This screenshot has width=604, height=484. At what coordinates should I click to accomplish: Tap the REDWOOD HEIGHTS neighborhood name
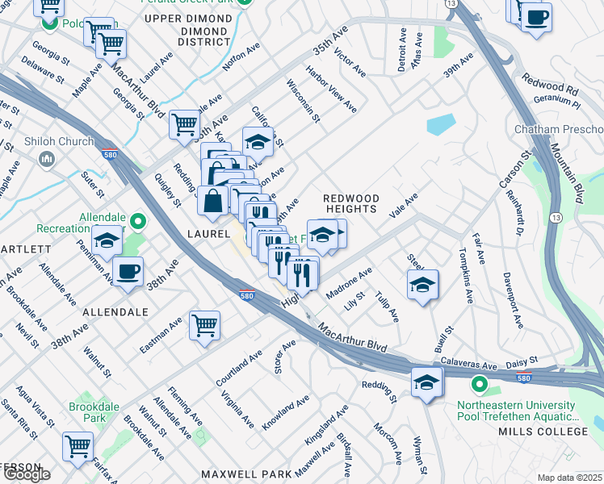pos(350,203)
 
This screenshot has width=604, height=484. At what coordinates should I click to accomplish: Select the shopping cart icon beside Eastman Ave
pos(205,325)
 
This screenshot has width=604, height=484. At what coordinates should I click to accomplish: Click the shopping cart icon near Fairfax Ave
pos(78,445)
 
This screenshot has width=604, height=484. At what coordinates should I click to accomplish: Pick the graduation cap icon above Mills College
pos(427,382)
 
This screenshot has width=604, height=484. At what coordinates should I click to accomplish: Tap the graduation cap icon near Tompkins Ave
pos(422,285)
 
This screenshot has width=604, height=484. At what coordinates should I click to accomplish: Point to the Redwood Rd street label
pos(550,83)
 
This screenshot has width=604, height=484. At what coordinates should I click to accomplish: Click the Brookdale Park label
pos(87,412)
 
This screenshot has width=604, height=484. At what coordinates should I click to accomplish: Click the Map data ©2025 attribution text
pos(570,478)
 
